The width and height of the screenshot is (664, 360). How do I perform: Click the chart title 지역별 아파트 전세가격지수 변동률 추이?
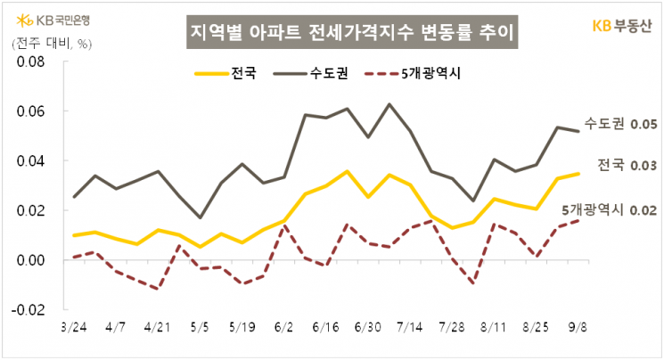pyautogui.click(x=352, y=32)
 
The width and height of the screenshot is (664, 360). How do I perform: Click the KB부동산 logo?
pyautogui.click(x=622, y=25)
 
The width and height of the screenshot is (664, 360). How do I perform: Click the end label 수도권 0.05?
pyautogui.click(x=621, y=124)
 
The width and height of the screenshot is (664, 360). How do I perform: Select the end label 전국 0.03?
pyautogui.click(x=627, y=166)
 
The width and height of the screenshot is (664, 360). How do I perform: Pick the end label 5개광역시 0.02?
pyautogui.click(x=610, y=210)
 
